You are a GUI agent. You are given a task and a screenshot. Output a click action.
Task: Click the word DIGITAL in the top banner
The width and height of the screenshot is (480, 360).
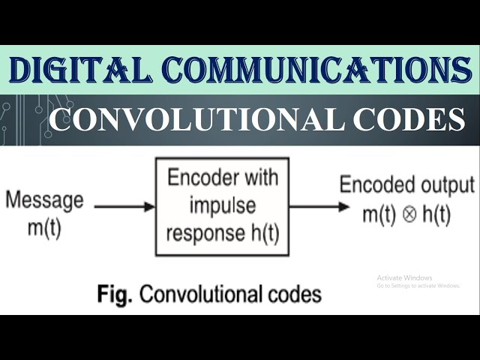tap(80, 70)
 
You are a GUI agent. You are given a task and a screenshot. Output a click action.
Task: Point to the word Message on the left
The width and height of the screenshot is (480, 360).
tap(44, 201)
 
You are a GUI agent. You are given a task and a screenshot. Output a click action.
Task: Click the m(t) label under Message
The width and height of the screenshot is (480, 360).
tap(44, 227)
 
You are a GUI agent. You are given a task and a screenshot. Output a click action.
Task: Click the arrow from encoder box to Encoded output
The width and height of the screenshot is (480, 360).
tap(312, 205)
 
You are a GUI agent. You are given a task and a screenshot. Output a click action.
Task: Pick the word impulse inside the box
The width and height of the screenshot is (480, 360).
tap(223, 205)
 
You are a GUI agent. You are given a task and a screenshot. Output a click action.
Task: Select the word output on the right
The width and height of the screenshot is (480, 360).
tap(447, 185)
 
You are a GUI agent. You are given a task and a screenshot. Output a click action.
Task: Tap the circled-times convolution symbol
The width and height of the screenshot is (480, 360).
tap(409, 215)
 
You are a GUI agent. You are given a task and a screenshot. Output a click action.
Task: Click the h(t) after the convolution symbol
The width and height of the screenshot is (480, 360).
tap(436, 214)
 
